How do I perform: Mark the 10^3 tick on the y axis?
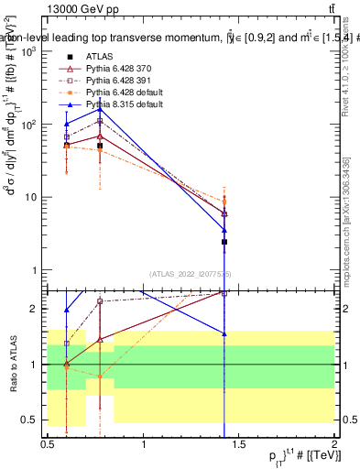pyautogui.click(x=29, y=51)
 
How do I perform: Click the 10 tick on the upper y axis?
pyautogui.click(x=31, y=197)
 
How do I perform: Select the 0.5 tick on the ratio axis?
pyautogui.click(x=29, y=420)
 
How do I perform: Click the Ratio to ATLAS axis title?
pyautogui.click(x=12, y=364)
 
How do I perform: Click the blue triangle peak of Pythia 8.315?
pyautogui.click(x=100, y=109)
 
